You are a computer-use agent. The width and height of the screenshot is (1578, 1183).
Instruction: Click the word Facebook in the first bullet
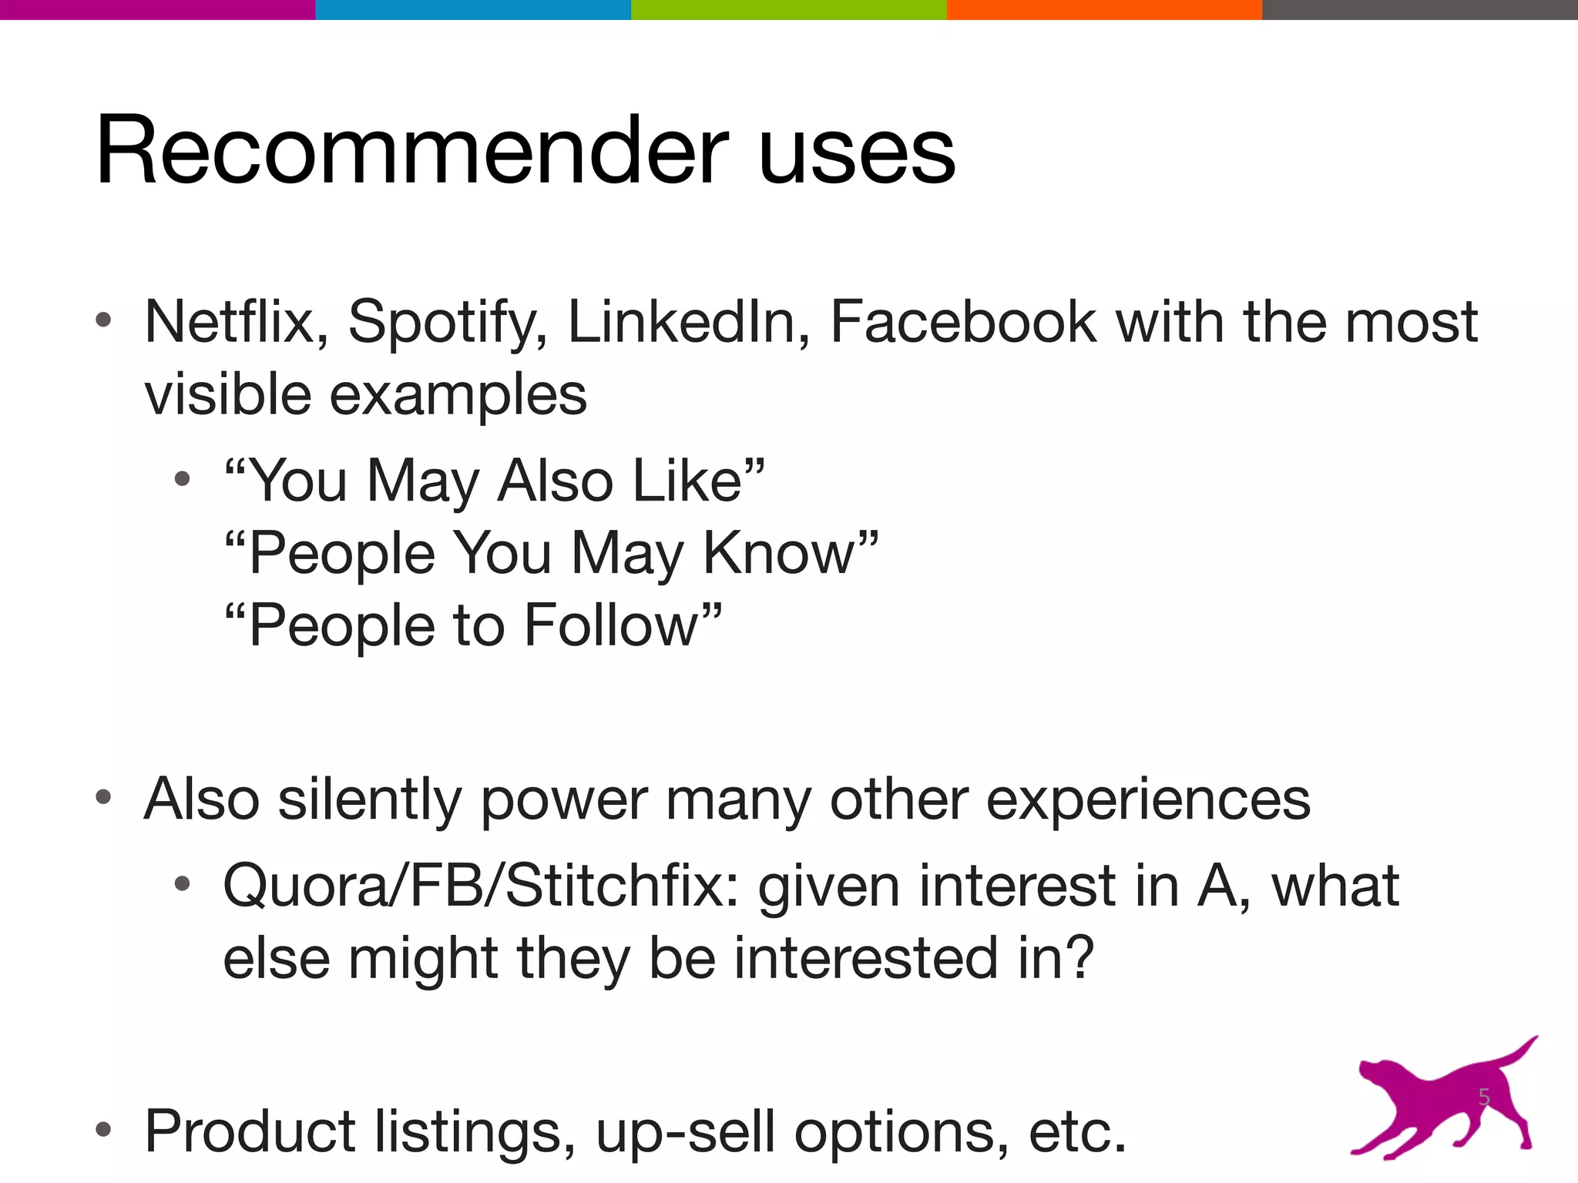pos(962,322)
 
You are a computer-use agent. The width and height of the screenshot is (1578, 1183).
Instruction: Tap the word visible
pos(227,394)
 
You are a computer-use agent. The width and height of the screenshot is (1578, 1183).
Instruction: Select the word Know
pos(779,553)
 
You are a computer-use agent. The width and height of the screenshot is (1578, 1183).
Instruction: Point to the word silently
pos(369,799)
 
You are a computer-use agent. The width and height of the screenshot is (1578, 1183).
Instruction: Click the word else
pos(277,958)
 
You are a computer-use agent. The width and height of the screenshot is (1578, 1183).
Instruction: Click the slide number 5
pos(1483,1097)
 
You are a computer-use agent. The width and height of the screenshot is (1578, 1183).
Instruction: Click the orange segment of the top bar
pos(1104,9)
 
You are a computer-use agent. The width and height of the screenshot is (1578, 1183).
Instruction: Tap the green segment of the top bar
pos(788,9)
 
